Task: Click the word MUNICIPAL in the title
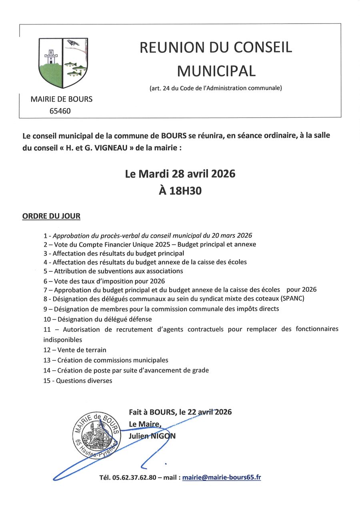[216, 71]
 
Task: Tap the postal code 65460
[60, 111]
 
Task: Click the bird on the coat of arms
[73, 42]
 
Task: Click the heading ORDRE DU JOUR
[51, 216]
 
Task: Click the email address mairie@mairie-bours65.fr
[222, 477]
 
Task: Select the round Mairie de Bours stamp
[96, 435]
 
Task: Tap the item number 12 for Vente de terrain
[47, 350]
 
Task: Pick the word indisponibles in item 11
[62, 339]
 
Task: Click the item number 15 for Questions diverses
[47, 381]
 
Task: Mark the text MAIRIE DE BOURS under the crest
[61, 99]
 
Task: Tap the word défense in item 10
[139, 319]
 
